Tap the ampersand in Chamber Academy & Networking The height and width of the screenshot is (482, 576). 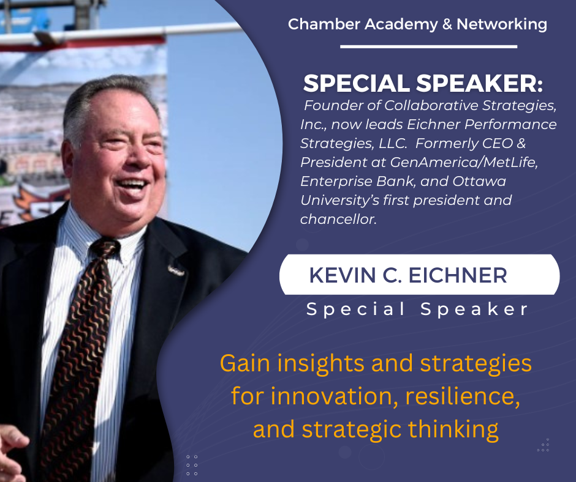click(x=447, y=24)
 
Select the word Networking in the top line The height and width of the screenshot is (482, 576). click(x=502, y=25)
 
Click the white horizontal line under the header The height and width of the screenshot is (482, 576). click(x=429, y=46)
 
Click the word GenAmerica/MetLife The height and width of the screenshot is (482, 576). click(x=464, y=162)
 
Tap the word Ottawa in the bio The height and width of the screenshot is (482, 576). click(x=479, y=181)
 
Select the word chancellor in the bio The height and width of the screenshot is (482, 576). click(x=338, y=220)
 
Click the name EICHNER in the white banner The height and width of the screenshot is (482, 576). click(x=458, y=275)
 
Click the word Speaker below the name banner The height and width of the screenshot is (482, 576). click(x=474, y=310)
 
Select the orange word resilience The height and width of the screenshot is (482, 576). click(x=463, y=396)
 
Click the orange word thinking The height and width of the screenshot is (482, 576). click(x=453, y=429)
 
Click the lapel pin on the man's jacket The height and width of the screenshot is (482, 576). click(x=176, y=270)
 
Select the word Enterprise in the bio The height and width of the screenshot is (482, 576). click(x=337, y=181)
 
